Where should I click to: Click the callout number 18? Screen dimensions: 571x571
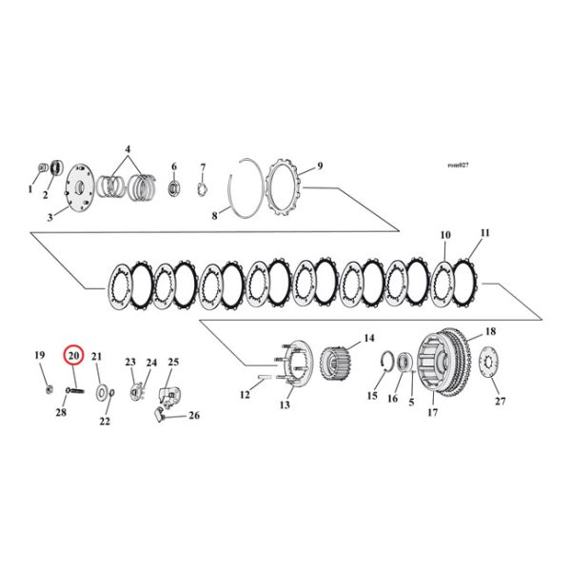click(x=491, y=332)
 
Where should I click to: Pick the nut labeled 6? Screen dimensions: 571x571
click(x=174, y=187)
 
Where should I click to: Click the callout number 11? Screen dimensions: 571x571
click(x=485, y=233)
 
